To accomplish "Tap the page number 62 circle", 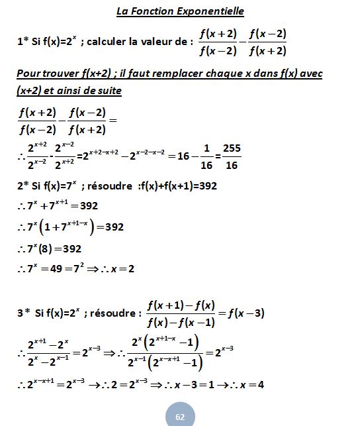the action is [180, 415].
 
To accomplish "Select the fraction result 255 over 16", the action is [232, 156].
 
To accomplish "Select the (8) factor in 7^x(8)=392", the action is [60, 248].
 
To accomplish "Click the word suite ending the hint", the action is [107, 89].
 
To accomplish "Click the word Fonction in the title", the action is [153, 11].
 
